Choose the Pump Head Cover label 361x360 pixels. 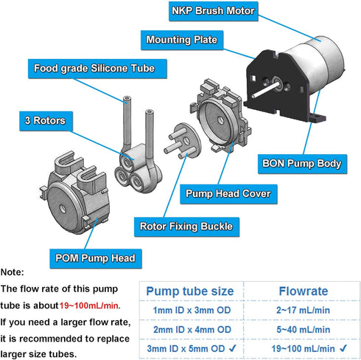tap(227, 194)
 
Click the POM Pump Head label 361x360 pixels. tap(96, 257)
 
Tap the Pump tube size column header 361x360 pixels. tap(190, 291)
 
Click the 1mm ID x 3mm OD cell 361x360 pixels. tap(190, 311)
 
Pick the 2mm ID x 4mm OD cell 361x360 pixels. tap(190, 329)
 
